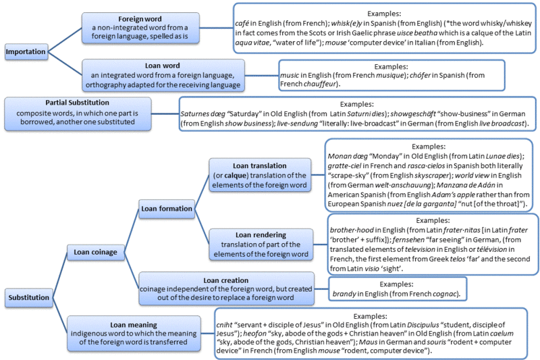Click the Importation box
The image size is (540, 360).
[x=26, y=52]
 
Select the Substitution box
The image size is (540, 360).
[x=29, y=297]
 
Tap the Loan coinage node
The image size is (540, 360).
[x=95, y=252]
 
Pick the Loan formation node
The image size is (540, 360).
[x=166, y=209]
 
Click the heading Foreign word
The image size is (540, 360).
[x=140, y=19]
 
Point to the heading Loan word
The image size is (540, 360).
[x=162, y=66]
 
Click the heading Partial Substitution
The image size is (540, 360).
[x=77, y=103]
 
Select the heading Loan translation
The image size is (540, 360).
[x=259, y=165]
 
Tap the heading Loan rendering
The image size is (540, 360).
[x=261, y=235]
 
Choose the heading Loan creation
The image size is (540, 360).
[x=225, y=280]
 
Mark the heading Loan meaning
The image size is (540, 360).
[x=134, y=325]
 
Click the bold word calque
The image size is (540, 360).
[x=236, y=176]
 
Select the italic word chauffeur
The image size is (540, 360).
[x=319, y=84]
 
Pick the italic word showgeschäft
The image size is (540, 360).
[x=413, y=113]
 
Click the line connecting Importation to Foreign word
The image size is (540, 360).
[x=65, y=40]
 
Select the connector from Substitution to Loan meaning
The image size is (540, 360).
[x=60, y=315]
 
